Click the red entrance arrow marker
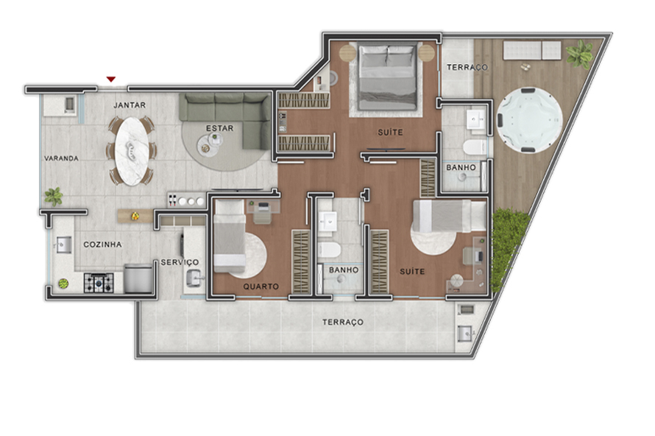click(111, 79)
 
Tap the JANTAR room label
click(130, 105)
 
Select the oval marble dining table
click(132, 151)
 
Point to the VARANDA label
click(60, 158)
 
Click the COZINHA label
click(102, 245)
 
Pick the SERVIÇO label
click(180, 263)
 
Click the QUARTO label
click(262, 286)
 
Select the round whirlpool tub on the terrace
click(529, 119)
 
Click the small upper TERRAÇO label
click(467, 68)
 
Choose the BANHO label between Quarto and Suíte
click(343, 270)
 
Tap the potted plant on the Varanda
click(54, 196)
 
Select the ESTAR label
click(219, 128)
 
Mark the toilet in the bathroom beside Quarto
click(327, 250)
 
